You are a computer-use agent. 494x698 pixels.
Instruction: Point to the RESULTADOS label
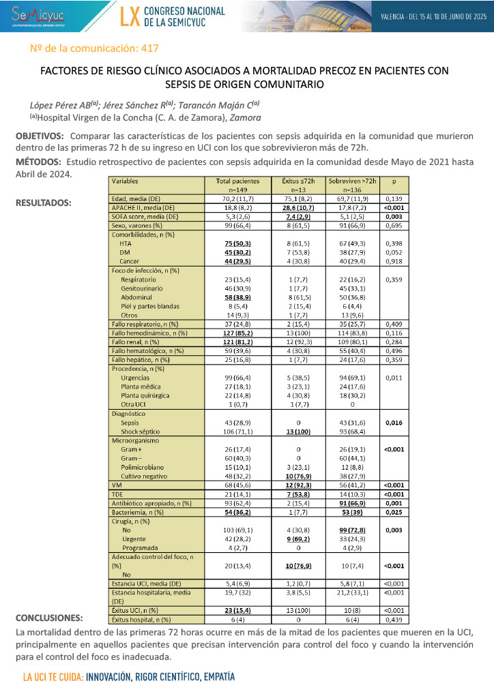[x=45, y=202]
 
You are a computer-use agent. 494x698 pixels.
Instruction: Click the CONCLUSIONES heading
[x=47, y=618]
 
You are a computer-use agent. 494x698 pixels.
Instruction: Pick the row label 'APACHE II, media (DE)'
[x=143, y=207]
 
